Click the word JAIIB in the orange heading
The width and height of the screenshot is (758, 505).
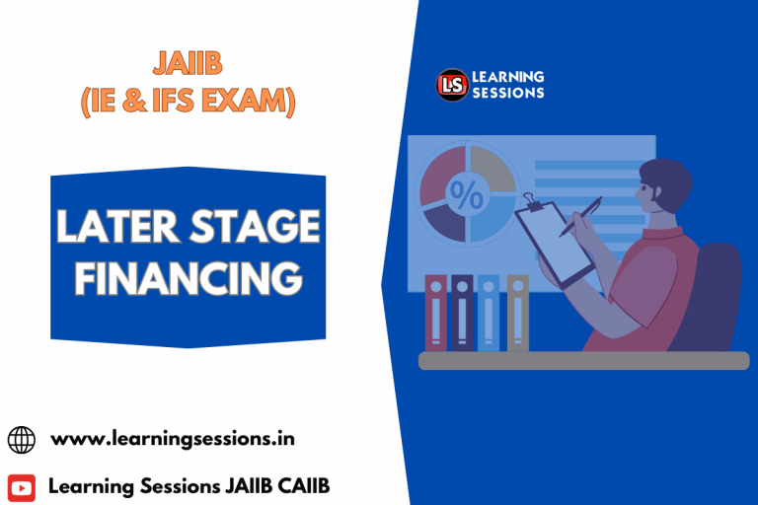coord(188,65)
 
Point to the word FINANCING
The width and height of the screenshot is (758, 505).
coord(188,279)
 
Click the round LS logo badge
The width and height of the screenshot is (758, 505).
coord(453,85)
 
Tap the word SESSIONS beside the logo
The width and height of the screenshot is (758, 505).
coord(507,93)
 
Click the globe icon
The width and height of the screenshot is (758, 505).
coord(21,439)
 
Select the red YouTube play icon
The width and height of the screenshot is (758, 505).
coord(21,486)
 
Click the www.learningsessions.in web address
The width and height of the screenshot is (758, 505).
coord(173,438)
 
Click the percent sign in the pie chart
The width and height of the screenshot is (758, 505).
coord(467,194)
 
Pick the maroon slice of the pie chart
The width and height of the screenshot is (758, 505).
coord(441,172)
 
